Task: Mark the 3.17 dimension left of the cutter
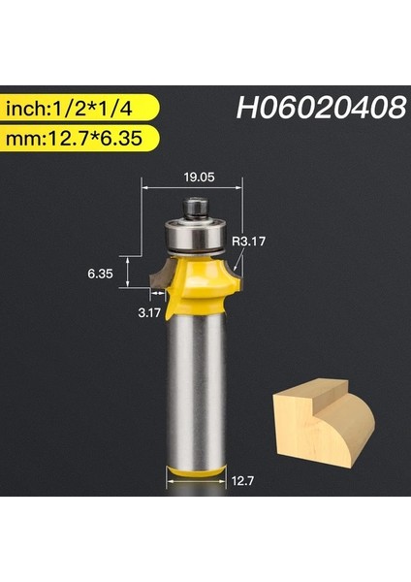point(148,312)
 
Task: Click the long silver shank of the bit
point(193,388)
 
